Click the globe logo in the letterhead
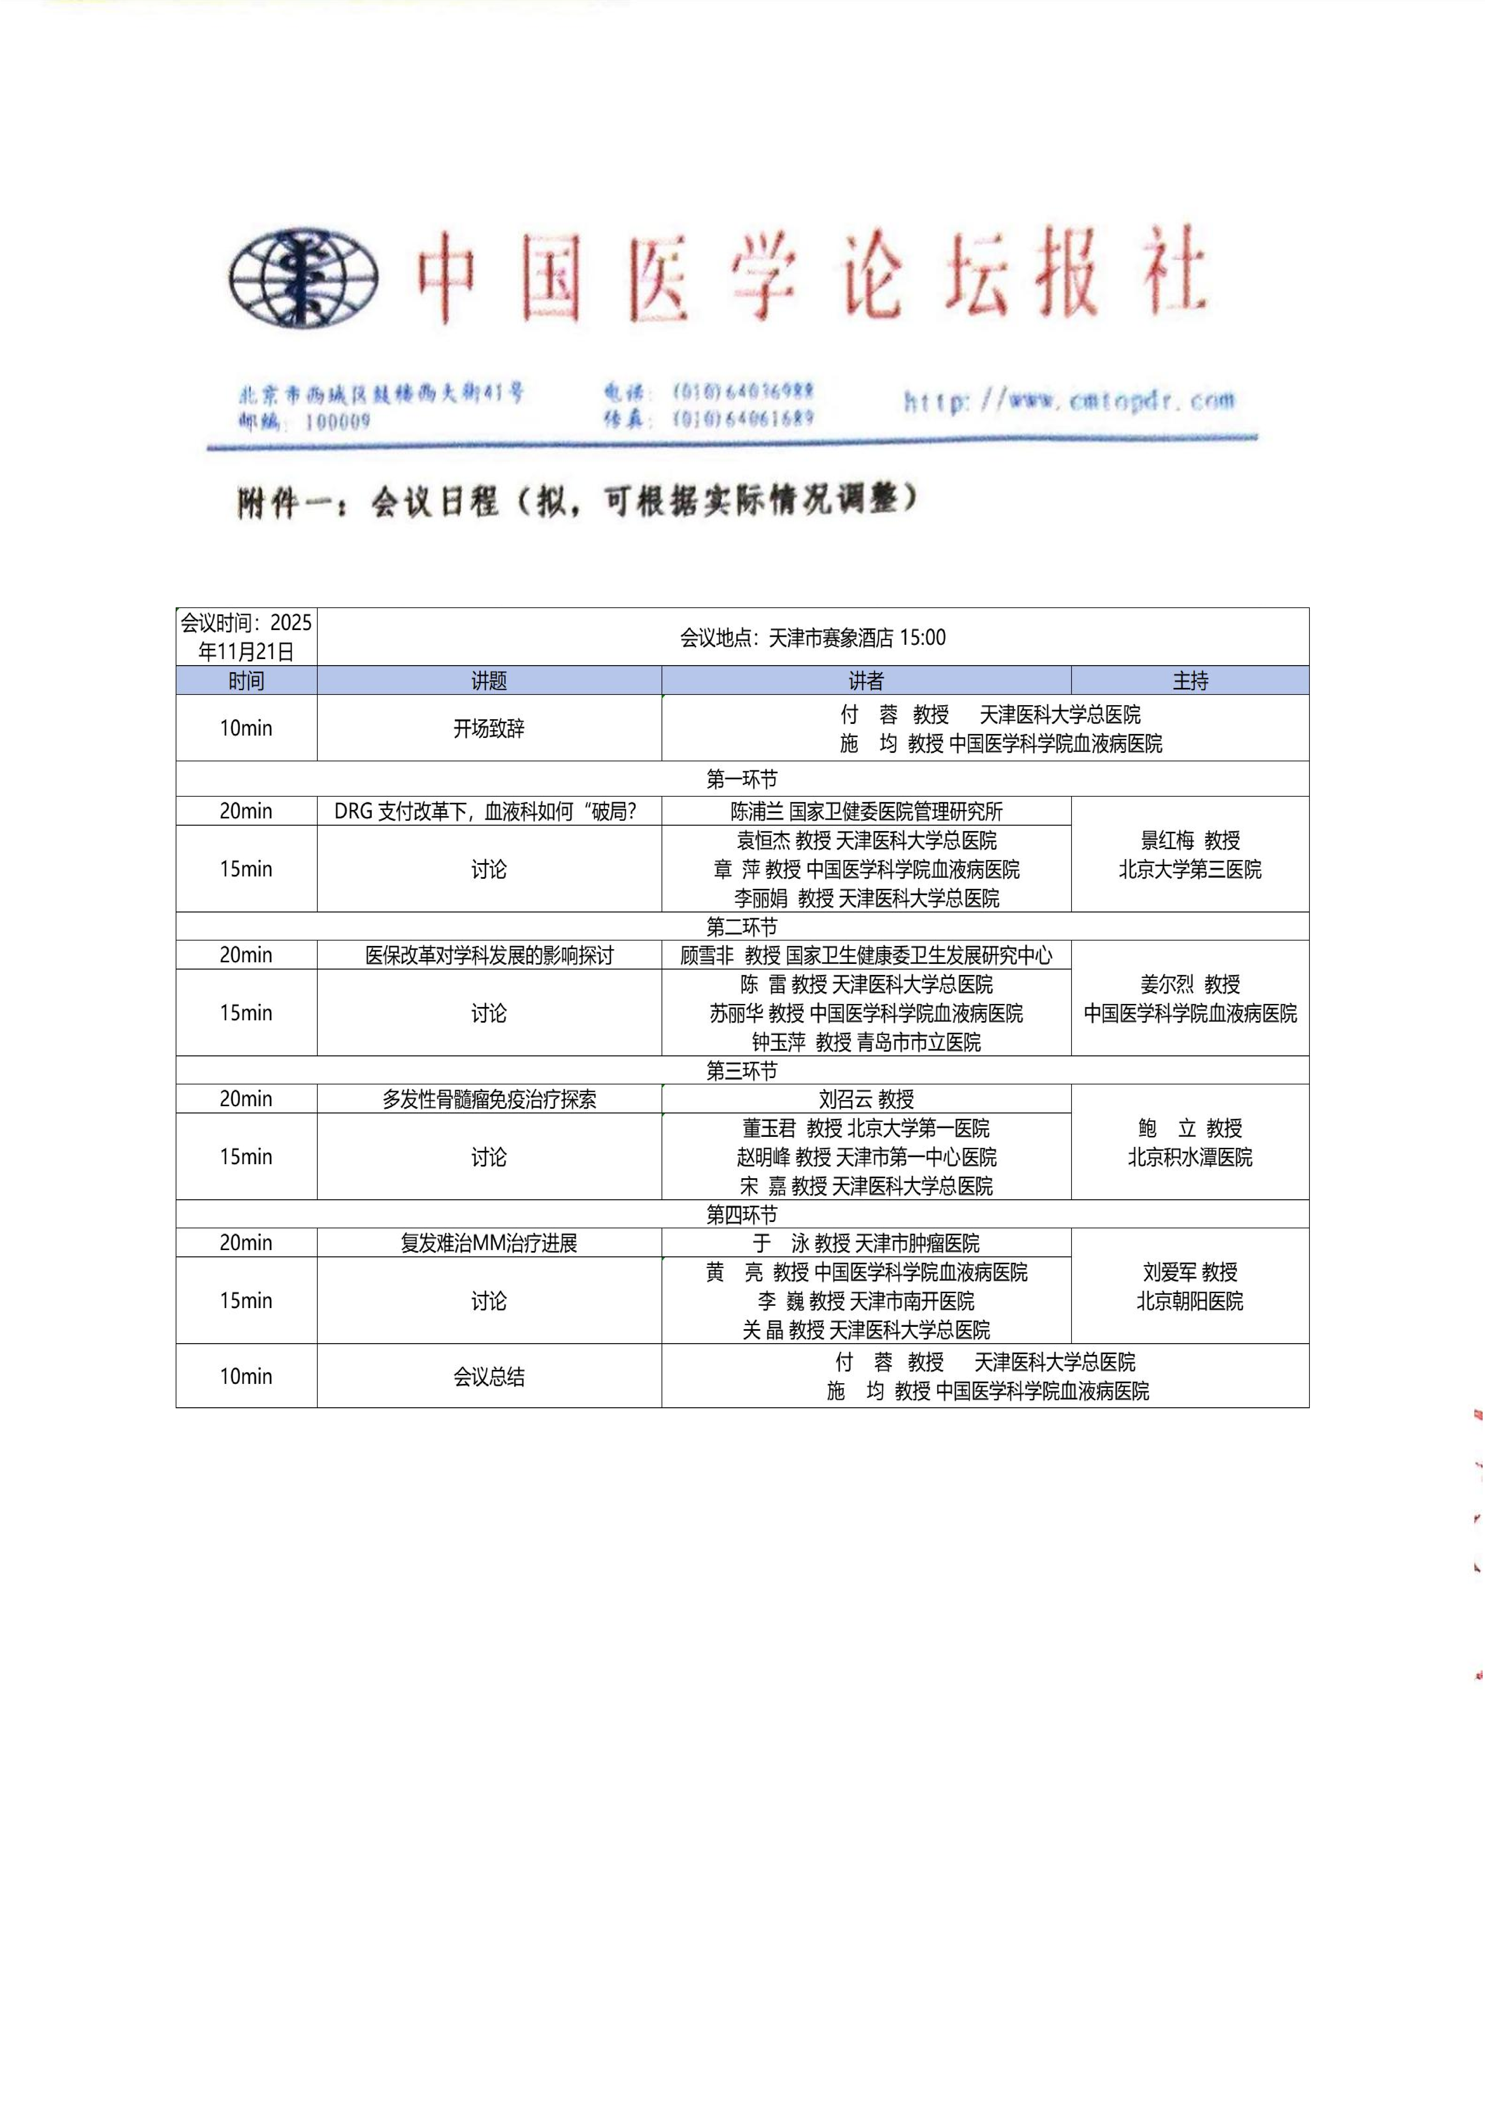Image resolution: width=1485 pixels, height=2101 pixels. click(x=303, y=277)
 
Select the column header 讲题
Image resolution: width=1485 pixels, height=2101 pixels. click(x=489, y=681)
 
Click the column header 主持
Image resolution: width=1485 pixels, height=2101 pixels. click(x=1190, y=681)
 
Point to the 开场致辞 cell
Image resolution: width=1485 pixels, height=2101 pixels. click(x=489, y=728)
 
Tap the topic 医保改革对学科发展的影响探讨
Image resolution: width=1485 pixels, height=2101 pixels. click(x=489, y=955)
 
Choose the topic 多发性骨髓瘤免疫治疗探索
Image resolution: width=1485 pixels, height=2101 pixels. click(x=489, y=1099)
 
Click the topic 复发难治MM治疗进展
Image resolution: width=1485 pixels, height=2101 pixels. click(x=489, y=1243)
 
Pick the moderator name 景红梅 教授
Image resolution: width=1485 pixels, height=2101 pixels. click(x=1190, y=840)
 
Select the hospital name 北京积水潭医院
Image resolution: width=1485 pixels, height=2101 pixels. click(x=1190, y=1157)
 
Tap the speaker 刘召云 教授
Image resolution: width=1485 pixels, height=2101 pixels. click(x=866, y=1099)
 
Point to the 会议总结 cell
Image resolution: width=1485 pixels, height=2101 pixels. click(x=489, y=1376)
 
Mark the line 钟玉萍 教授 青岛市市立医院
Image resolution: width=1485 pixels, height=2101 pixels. click(x=866, y=1041)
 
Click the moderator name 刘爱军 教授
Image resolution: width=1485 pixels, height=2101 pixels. click(x=1190, y=1272)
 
